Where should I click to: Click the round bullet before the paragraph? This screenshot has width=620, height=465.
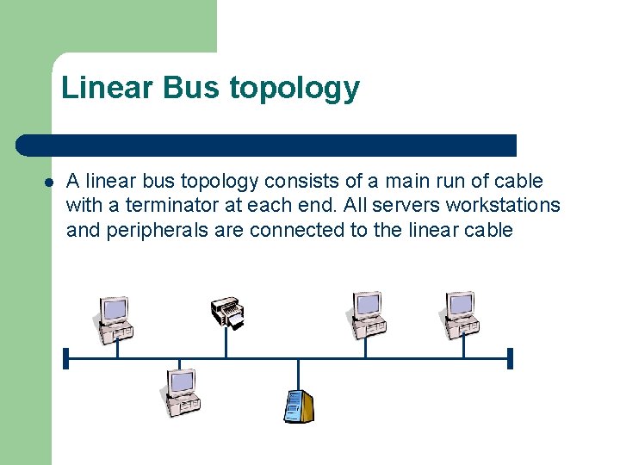49,183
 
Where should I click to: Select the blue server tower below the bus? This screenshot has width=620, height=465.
299,406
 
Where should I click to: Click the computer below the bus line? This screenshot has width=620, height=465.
180,392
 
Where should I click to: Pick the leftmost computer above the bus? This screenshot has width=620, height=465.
114,319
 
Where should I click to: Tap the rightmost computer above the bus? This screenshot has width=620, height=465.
461,314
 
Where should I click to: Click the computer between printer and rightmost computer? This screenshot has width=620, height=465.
368,314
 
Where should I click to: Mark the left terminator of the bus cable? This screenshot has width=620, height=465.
65,358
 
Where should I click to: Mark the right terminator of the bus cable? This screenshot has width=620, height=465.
510,358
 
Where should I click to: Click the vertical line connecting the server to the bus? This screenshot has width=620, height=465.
298,374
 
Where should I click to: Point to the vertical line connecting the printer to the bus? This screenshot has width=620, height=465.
226,343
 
